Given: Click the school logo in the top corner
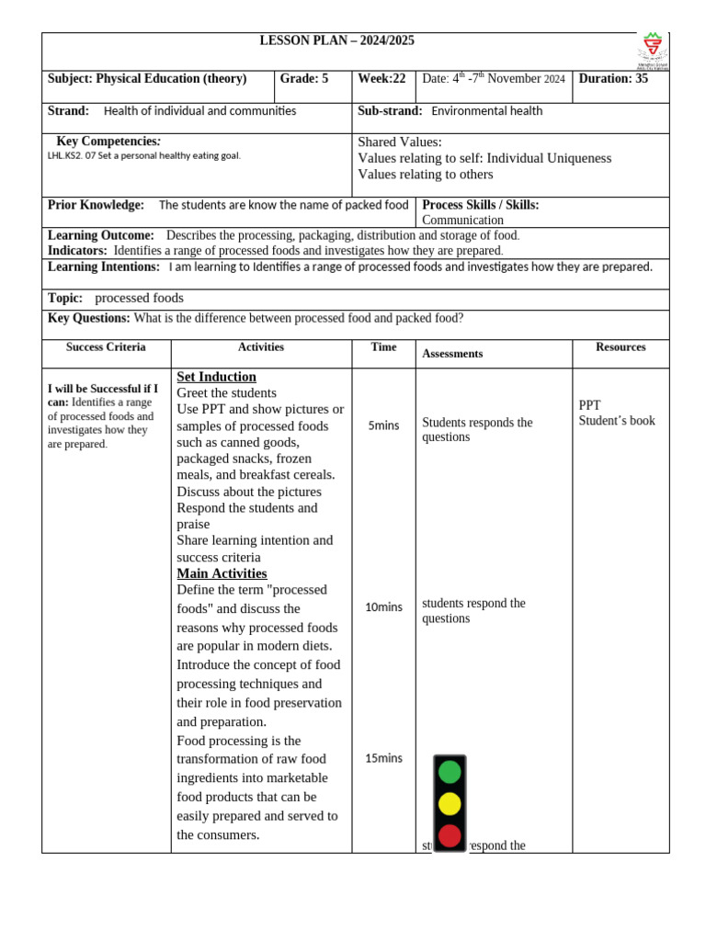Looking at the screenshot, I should point(654,50).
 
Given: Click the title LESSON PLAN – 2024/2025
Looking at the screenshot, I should point(336,41).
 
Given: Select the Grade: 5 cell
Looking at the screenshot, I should point(303,79).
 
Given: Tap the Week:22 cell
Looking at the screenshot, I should point(381,79).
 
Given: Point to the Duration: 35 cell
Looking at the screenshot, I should point(613,79).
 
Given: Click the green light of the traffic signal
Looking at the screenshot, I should point(450,772).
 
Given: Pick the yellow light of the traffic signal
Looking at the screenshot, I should point(450,804).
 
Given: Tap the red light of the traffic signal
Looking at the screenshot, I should point(450,835).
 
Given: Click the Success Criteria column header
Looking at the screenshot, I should point(106,347).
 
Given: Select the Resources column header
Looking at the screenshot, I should point(621,347).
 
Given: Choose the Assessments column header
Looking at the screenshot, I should point(452,354).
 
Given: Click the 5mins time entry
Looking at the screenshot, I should point(383,425).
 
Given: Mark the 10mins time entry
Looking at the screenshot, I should point(383,607).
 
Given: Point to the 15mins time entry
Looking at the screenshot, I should point(383,758).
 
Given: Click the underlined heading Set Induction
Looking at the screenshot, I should point(216,377).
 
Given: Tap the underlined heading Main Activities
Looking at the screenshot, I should point(222,573).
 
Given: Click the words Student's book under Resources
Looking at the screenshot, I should point(617,421).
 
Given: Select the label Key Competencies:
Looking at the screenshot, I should point(108,142).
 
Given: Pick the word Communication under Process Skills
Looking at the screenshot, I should point(462,221).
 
